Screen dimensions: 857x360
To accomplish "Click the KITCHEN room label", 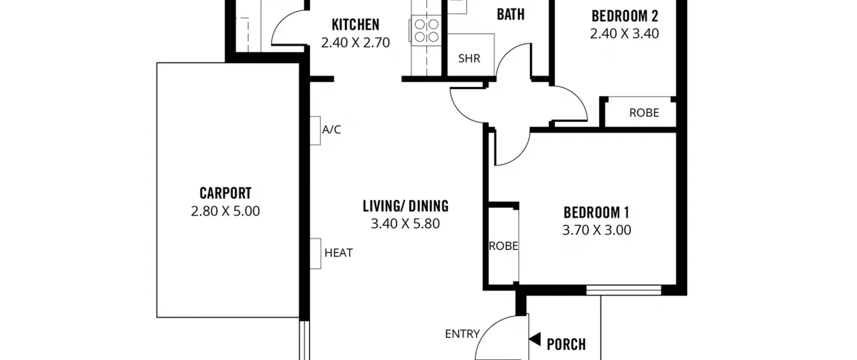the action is (356, 25).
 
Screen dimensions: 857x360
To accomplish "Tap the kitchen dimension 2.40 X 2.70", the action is (356, 43).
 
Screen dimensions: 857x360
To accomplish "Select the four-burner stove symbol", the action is (426, 30).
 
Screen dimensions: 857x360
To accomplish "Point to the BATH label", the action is (511, 14).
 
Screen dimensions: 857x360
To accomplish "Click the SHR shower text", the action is (469, 59).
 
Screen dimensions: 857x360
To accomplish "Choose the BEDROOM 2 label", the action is (625, 16).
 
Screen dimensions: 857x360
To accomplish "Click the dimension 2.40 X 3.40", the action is (624, 33).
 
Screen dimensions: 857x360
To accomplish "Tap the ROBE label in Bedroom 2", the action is (644, 113).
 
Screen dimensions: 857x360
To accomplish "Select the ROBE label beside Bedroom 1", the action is (503, 246).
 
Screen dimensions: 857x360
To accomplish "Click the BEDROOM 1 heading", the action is (597, 212).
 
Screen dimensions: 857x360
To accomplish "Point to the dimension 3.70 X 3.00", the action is (597, 230).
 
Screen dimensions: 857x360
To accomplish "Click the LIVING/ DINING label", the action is (406, 206).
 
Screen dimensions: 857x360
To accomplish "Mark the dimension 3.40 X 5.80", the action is (405, 223).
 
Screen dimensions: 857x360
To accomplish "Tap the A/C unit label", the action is (331, 130).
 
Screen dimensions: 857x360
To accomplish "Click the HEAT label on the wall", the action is (338, 253).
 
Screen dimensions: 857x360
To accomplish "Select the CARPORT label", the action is (225, 193).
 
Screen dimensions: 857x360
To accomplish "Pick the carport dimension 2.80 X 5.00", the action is (225, 211).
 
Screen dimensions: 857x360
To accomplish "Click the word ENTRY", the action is (462, 334).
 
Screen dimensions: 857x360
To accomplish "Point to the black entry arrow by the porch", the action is (535, 339).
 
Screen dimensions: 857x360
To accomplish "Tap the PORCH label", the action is (566, 344).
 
